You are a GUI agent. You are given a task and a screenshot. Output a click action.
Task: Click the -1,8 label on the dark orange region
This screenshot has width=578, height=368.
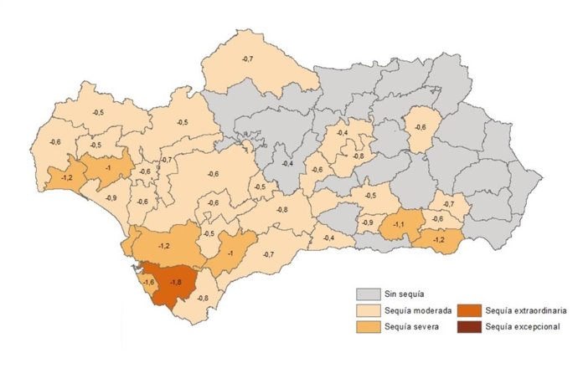click(x=176, y=283)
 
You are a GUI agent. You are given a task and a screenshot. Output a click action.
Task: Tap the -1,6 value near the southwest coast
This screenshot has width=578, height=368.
click(x=149, y=284)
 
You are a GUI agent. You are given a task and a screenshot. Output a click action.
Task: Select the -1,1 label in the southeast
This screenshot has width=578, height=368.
click(x=400, y=224)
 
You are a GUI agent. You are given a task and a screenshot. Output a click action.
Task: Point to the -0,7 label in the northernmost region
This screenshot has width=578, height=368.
click(x=247, y=59)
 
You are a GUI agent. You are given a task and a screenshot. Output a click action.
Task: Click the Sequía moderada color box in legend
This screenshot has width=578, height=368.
click(x=365, y=310)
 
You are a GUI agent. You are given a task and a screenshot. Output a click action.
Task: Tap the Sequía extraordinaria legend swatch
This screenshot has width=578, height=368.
click(x=466, y=310)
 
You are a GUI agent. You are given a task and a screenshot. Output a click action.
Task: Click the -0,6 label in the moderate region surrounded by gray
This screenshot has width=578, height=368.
click(x=421, y=127)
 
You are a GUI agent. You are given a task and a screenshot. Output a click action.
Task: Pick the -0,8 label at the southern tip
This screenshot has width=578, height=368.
click(x=203, y=299)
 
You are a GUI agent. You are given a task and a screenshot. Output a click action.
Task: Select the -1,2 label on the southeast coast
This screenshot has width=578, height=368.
click(x=439, y=240)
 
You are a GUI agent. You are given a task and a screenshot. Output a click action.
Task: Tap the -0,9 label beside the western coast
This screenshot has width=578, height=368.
click(x=111, y=197)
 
